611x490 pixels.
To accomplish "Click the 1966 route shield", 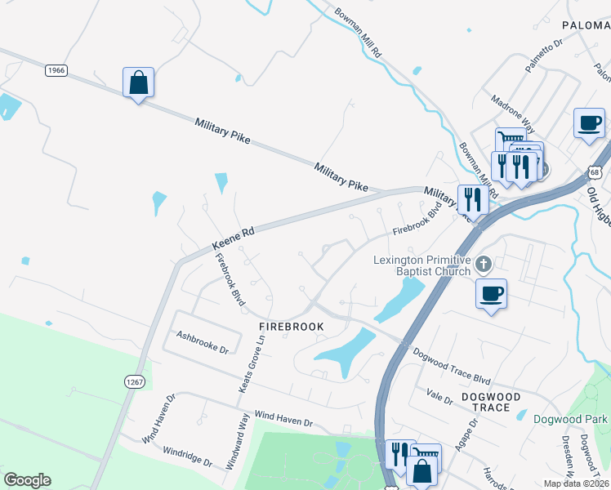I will pyautogui.click(x=56, y=70).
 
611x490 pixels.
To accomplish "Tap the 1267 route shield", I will pyautogui.click(x=135, y=381).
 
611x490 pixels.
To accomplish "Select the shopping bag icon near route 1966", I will pyautogui.click(x=139, y=82).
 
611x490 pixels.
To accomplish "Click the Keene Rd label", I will pyautogui.click(x=234, y=238).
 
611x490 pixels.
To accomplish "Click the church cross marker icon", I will pyautogui.click(x=484, y=264).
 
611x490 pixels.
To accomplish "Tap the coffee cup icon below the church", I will pyautogui.click(x=491, y=293).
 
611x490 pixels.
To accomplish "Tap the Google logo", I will pyautogui.click(x=27, y=480).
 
